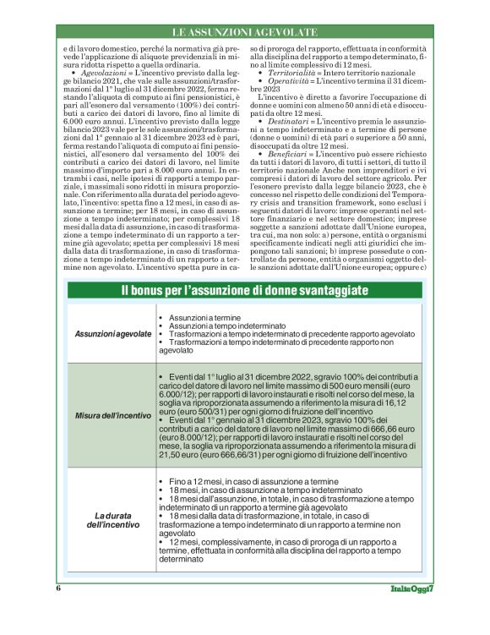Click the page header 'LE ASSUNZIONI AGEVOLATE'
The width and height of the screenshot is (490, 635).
pyautogui.click(x=244, y=31)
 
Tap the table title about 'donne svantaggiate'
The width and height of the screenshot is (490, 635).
pyautogui.click(x=245, y=291)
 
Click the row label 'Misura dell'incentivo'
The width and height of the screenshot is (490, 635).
pyautogui.click(x=112, y=415)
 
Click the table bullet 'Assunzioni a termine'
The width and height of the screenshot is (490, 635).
pyautogui.click(x=199, y=318)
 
